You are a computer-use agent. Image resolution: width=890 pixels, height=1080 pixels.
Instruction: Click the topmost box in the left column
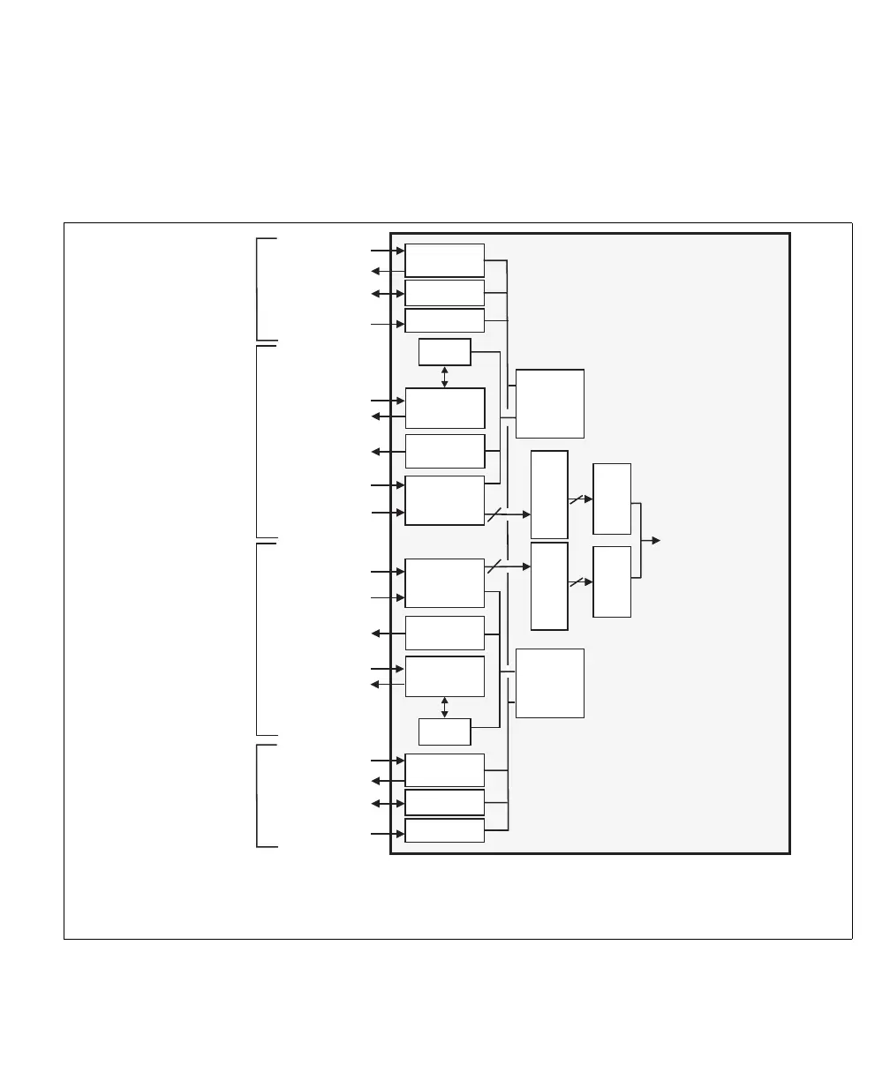(444, 260)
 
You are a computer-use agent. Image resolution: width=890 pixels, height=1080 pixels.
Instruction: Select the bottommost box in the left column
(444, 830)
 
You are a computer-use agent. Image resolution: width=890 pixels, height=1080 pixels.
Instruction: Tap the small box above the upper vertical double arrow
(444, 351)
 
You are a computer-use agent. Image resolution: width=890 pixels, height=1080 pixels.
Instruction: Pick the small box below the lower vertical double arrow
(444, 731)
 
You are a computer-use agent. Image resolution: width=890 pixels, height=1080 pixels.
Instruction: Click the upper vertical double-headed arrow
(444, 377)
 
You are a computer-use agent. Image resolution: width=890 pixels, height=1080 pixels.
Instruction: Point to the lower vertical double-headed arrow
(444, 707)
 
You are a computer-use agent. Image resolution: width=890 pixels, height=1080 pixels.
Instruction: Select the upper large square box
(549, 403)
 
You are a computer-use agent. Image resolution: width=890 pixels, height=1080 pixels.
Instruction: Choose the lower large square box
(549, 683)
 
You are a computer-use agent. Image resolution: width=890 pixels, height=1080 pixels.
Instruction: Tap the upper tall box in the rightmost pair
(612, 499)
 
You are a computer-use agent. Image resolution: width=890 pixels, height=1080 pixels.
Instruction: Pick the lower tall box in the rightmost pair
(612, 581)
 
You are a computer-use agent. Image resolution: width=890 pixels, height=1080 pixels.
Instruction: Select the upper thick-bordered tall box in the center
(549, 494)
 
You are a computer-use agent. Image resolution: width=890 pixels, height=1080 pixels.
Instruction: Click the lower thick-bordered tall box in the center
(549, 586)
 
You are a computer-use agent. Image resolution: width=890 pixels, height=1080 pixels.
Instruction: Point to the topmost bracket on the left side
(259, 289)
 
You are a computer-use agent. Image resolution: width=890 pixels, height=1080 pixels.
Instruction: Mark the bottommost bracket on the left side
(259, 796)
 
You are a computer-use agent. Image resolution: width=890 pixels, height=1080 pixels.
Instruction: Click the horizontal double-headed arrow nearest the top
(388, 293)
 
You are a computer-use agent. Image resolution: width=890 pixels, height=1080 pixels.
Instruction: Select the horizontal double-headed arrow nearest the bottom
(388, 804)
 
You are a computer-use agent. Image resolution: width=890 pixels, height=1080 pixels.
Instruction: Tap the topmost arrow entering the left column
(388, 251)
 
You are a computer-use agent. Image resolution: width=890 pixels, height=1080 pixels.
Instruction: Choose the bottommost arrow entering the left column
(388, 834)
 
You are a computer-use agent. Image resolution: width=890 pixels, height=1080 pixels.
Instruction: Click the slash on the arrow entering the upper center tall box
(494, 514)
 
